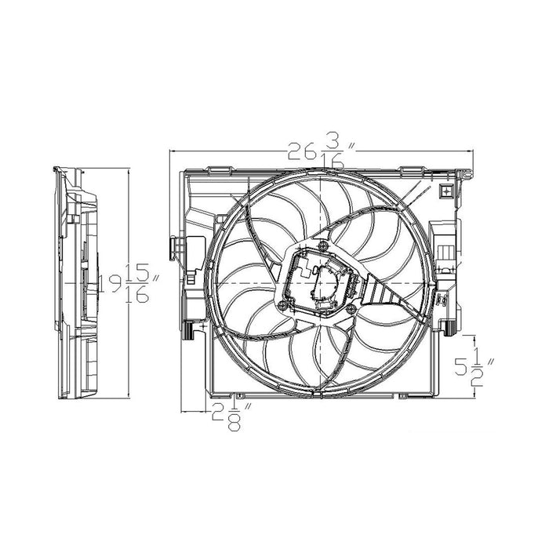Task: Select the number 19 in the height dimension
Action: coord(111,283)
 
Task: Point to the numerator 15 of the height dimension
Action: coord(137,271)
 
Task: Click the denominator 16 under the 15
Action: coord(137,296)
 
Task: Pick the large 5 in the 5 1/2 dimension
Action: coord(461,367)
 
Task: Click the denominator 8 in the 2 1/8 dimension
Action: coord(234,424)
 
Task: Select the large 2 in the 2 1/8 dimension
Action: coord(219,413)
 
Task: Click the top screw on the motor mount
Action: coord(322,245)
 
